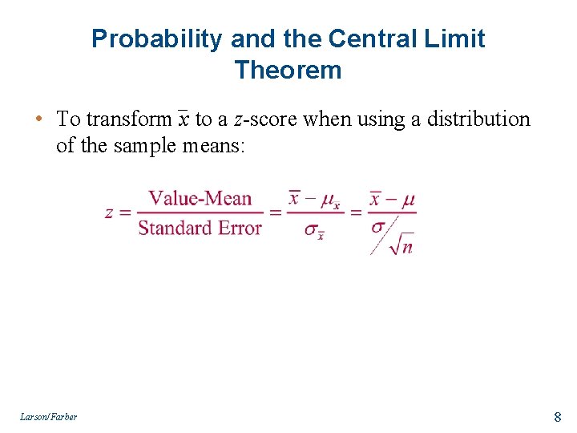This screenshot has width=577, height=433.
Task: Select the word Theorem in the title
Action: click(288, 70)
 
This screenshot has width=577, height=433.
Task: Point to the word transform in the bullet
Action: click(128, 119)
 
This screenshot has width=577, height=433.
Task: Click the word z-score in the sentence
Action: click(263, 119)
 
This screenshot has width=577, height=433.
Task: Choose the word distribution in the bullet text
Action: click(478, 119)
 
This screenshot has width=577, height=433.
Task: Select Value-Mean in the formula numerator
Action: click(200, 198)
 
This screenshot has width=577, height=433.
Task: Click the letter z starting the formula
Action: click(110, 213)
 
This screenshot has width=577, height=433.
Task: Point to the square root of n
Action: click(401, 245)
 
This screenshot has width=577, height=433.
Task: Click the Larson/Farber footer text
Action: click(50, 416)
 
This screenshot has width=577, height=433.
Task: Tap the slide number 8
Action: click(557, 416)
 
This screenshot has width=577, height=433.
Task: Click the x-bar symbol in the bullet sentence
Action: click(184, 119)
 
